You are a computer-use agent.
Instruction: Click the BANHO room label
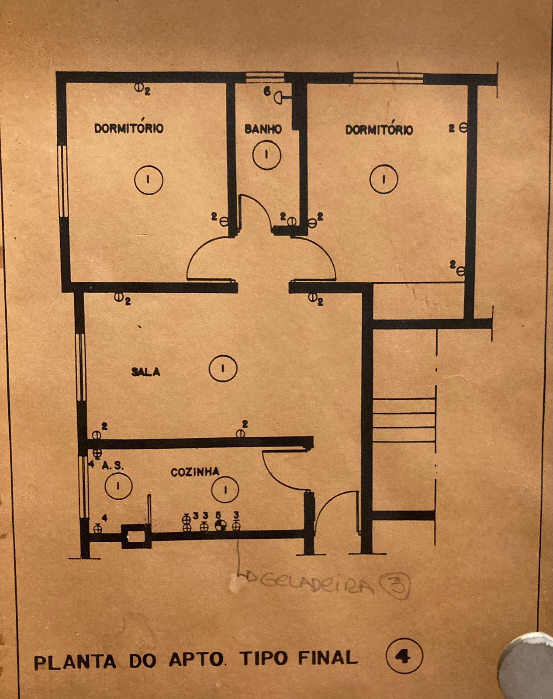pos(263,129)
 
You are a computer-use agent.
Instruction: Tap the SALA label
pos(146,372)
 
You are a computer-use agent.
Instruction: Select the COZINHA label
pos(195,472)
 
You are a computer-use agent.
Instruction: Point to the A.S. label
pos(113,466)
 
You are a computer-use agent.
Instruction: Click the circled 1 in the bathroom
pos(266,155)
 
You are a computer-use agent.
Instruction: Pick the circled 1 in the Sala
pos(223,368)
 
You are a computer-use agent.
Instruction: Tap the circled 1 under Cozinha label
pos(225,489)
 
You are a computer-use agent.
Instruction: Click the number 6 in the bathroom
pos(267,92)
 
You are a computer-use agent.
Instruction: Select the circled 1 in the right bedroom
pos(384,179)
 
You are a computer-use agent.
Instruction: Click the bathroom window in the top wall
pos(265,78)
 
